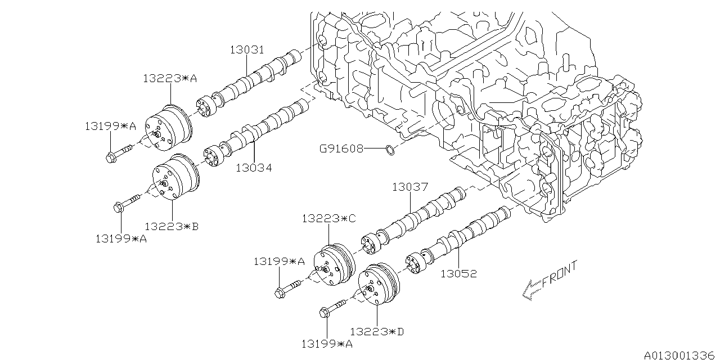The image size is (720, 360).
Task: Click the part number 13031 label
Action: pyautogui.click(x=246, y=50)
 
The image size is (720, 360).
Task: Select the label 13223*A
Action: pyautogui.click(x=169, y=79)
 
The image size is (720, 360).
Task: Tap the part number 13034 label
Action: pyautogui.click(x=253, y=167)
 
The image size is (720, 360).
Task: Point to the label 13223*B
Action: pyautogui.click(x=172, y=226)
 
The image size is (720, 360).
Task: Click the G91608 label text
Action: pyautogui.click(x=341, y=149)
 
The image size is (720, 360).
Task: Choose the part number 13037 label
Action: pyautogui.click(x=410, y=187)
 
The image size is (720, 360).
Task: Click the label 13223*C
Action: pyautogui.click(x=328, y=218)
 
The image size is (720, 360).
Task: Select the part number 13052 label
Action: pyautogui.click(x=458, y=274)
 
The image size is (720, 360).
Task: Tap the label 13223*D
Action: pyautogui.click(x=377, y=331)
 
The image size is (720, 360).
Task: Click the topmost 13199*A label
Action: pyautogui.click(x=110, y=126)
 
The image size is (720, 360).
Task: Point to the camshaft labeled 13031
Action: pyautogui.click(x=259, y=76)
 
